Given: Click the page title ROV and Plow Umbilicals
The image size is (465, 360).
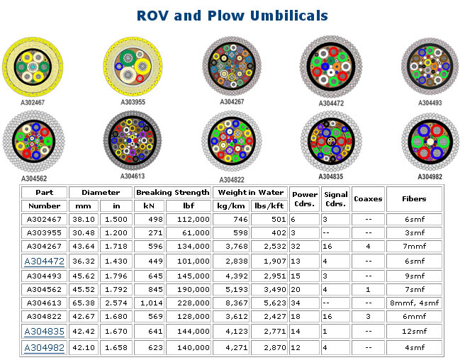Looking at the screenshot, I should (232, 15).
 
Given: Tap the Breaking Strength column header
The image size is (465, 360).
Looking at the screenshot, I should (172, 192).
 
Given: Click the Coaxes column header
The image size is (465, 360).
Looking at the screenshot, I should (368, 198).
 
